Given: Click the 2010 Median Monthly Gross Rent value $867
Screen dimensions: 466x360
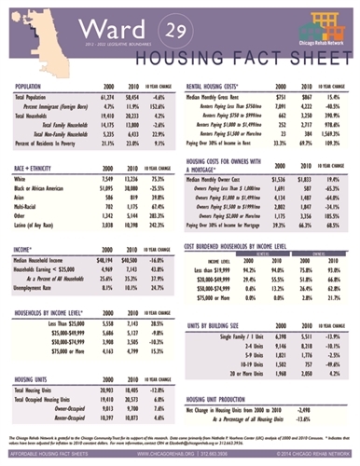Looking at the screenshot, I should point(301,97).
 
